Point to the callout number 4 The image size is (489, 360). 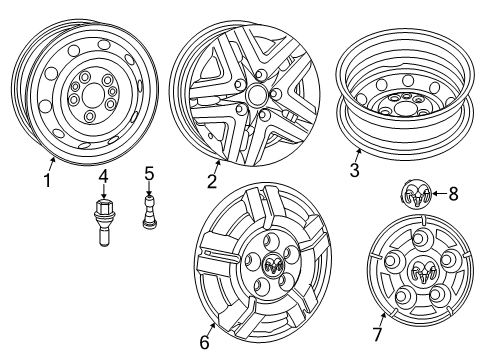click(103, 178)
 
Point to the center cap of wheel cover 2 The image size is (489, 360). click(256, 96)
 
